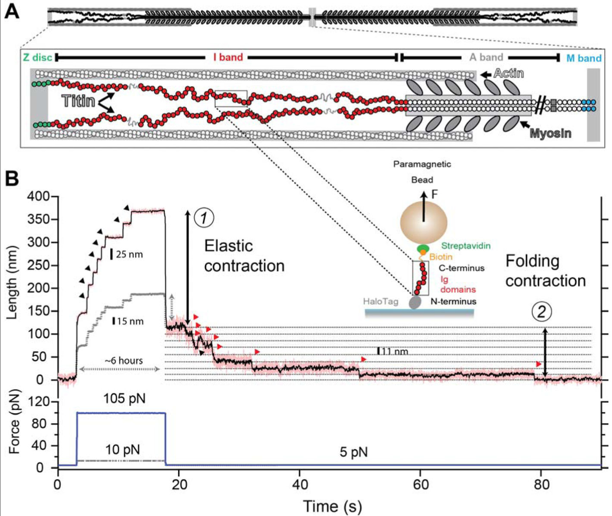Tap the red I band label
(x=228, y=57)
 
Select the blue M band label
(x=584, y=58)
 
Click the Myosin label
(x=550, y=133)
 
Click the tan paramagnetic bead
(x=423, y=222)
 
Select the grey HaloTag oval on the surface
(x=415, y=302)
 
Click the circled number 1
(x=204, y=218)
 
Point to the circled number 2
(x=541, y=311)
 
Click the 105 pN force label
(x=124, y=399)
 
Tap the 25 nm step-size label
(x=129, y=254)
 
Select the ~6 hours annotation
(x=124, y=360)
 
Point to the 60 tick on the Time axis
(x=420, y=485)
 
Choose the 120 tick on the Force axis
(x=40, y=402)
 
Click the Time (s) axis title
(x=332, y=506)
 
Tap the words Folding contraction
(x=545, y=271)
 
